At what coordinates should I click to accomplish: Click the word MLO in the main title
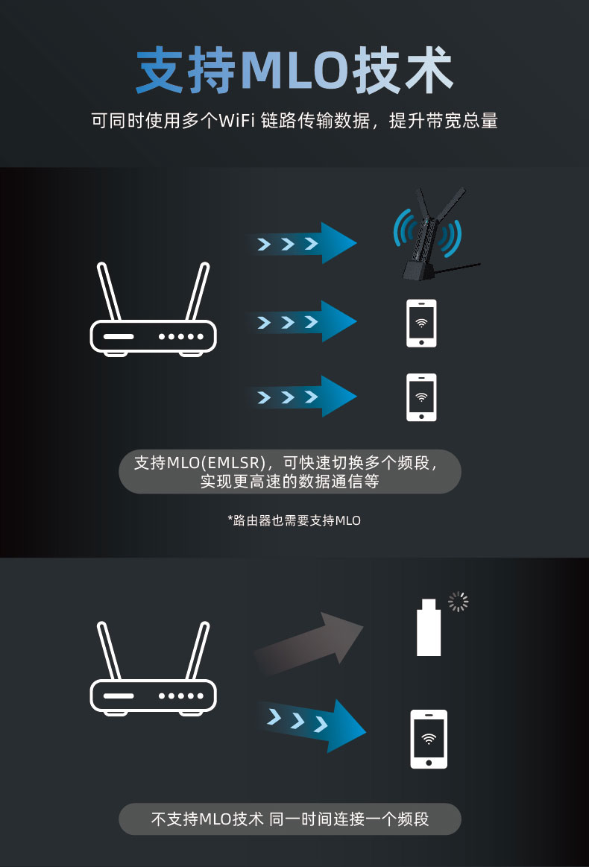(294, 70)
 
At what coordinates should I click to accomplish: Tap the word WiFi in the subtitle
(236, 120)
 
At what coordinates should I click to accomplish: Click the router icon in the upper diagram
(153, 309)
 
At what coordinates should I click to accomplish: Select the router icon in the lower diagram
(153, 669)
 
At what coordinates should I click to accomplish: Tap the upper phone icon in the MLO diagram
(421, 324)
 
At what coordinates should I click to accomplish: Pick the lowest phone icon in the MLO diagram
(421, 397)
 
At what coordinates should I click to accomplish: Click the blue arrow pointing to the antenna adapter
(301, 243)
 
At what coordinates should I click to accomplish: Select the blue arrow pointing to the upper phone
(301, 321)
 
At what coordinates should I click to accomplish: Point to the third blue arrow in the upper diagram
(301, 397)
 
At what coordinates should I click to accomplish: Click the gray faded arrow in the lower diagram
(309, 643)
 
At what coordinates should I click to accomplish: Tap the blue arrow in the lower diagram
(311, 725)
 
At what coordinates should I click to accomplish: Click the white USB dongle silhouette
(429, 627)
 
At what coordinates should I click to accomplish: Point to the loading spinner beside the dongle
(458, 602)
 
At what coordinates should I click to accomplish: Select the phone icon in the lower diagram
(429, 740)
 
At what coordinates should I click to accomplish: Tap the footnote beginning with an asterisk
(294, 520)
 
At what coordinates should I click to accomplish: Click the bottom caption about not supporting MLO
(290, 819)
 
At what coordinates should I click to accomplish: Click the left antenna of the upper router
(109, 291)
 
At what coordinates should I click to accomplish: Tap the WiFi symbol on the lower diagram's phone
(429, 739)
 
